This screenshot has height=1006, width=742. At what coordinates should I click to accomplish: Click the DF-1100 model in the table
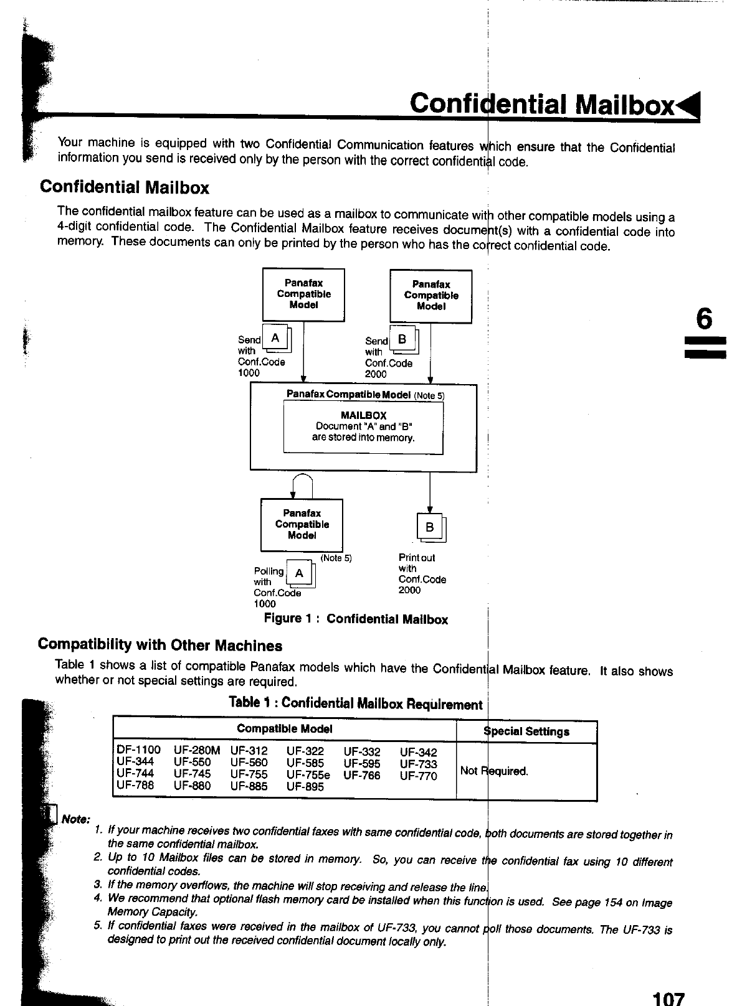pyautogui.click(x=138, y=750)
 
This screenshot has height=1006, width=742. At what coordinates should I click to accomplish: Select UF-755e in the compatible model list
pyautogui.click(x=308, y=775)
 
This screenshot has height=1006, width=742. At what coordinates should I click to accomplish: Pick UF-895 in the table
pyautogui.click(x=305, y=787)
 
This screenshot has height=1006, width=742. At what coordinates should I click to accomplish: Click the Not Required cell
pyautogui.click(x=494, y=771)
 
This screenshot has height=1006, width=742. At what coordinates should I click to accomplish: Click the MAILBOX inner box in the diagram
pyautogui.click(x=363, y=427)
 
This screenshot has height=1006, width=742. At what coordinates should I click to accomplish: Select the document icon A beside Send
pyautogui.click(x=275, y=339)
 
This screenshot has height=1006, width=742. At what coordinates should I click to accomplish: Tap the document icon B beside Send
pyautogui.click(x=402, y=340)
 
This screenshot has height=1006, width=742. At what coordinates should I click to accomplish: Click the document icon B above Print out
pyautogui.click(x=430, y=528)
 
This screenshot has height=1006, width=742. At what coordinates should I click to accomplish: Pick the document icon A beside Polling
pyautogui.click(x=300, y=574)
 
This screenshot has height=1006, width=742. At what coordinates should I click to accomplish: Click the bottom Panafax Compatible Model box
pyautogui.click(x=302, y=525)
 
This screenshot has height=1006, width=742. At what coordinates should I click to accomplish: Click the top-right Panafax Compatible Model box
pyautogui.click(x=430, y=296)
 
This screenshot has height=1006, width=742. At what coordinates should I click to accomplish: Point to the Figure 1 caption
pyautogui.click(x=356, y=619)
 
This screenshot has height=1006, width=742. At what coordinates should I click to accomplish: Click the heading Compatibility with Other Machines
pyautogui.click(x=160, y=645)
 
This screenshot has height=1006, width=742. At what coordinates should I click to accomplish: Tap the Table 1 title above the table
pyautogui.click(x=355, y=704)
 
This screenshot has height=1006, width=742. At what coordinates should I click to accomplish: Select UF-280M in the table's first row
pyautogui.click(x=197, y=751)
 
